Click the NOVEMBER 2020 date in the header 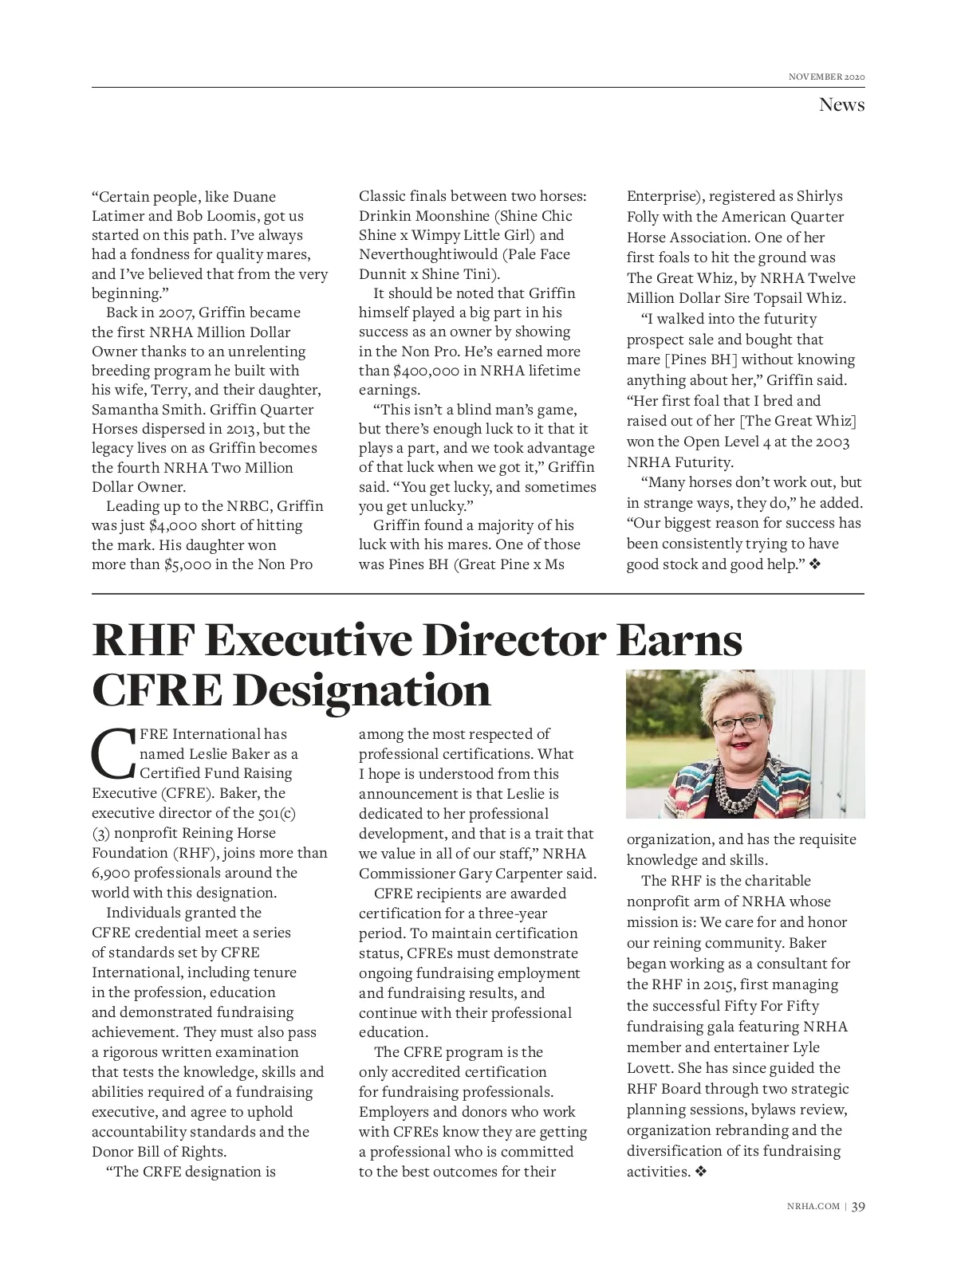tap(826, 77)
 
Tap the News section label tap(841, 104)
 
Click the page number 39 tap(858, 1206)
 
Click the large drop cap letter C tap(114, 753)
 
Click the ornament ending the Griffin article tap(815, 564)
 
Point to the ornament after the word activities tap(701, 1172)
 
